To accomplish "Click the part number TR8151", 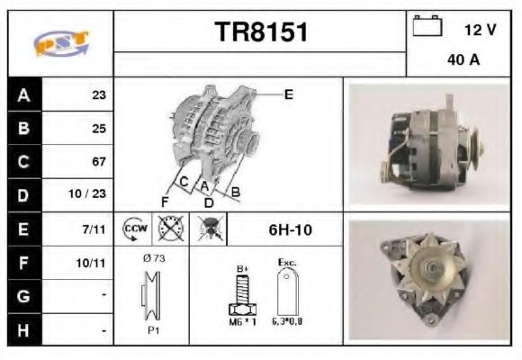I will click(261, 33).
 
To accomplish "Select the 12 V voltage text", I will click(480, 30).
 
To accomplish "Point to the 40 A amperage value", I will click(463, 61).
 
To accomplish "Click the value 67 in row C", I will click(99, 162).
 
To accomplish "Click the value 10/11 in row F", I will click(94, 263).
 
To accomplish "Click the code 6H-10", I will click(290, 229).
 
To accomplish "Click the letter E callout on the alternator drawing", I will click(289, 94).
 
